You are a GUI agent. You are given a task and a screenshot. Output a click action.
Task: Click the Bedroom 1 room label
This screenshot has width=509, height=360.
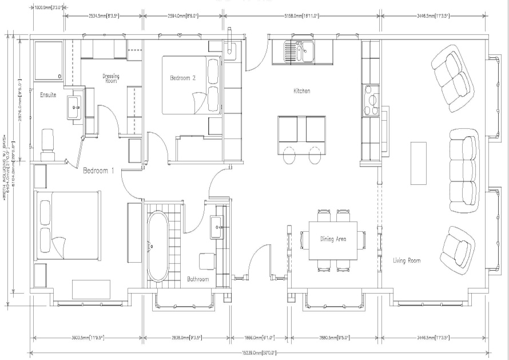99,171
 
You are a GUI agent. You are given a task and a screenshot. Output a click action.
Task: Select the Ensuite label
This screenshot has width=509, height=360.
47,95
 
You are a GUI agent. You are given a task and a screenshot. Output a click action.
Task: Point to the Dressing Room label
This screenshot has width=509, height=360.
111,78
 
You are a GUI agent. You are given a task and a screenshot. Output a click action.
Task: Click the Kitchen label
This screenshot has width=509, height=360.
301,90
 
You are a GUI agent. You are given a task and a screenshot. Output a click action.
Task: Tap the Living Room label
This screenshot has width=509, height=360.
407,260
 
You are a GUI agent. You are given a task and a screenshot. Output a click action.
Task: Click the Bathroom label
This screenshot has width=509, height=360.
198,279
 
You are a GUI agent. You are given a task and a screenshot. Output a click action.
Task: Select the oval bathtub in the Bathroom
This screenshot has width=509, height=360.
157,246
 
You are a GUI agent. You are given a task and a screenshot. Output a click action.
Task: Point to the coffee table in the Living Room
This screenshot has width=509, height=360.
419,163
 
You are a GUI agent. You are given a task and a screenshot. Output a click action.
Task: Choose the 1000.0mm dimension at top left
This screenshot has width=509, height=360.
47,8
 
